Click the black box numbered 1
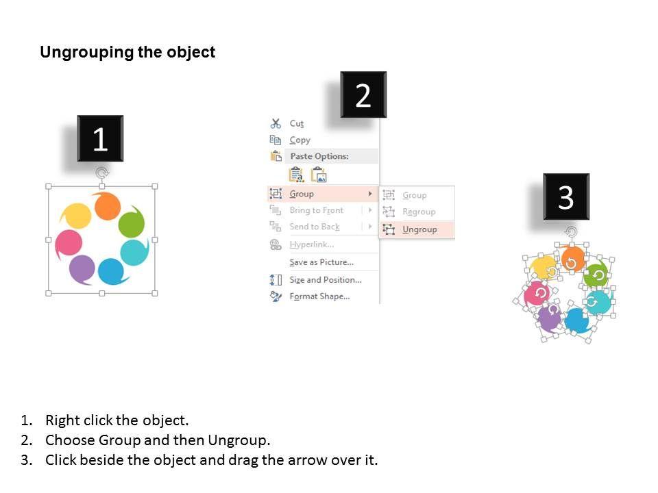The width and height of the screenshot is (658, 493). point(100,138)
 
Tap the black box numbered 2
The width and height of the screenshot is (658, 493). point(363,94)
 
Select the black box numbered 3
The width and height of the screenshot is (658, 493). point(566,197)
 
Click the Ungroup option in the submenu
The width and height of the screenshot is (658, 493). point(419,229)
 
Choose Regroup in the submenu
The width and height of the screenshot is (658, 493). point(419,212)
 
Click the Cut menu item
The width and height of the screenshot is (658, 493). point(296,124)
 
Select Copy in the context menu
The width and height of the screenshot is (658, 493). point(300,140)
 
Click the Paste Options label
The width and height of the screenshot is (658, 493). point(319,156)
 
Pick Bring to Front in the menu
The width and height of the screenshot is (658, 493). point(317,210)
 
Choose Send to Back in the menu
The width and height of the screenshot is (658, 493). point(315,227)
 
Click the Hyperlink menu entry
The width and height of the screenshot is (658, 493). point(312,244)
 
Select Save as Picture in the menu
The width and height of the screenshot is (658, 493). point(321,262)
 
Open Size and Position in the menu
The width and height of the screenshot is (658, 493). point(325,279)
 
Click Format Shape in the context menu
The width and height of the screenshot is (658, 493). point(319,296)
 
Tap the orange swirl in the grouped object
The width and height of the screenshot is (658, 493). point(107,206)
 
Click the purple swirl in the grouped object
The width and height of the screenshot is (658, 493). point(82,269)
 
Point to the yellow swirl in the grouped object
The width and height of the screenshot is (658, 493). point(77,216)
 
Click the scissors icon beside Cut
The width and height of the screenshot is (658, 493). point(276,123)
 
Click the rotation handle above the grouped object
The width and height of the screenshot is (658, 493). point(101,173)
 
